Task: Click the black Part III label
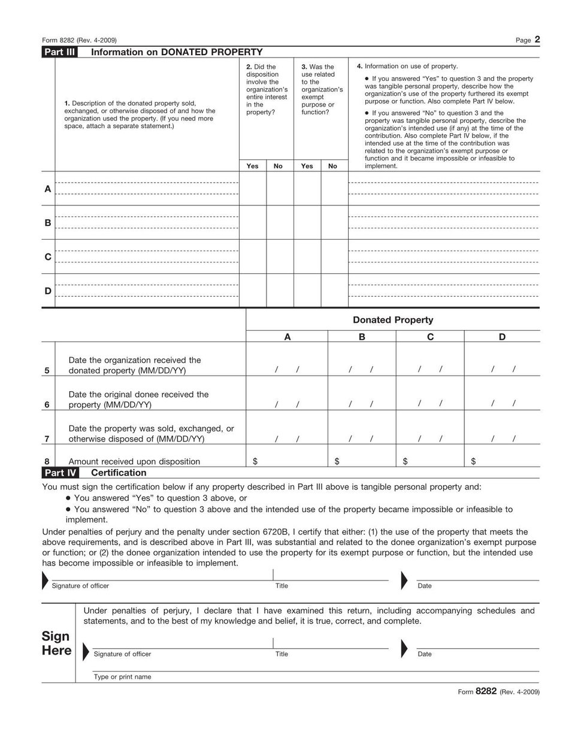tap(59, 52)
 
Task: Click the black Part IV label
tap(59, 473)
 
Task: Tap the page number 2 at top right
tap(537, 40)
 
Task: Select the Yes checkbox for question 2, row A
tap(253, 189)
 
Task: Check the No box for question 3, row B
tap(334, 223)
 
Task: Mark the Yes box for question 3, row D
tap(307, 291)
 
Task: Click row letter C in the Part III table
tap(48, 257)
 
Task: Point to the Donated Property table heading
tap(392, 320)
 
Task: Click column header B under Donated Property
tap(362, 337)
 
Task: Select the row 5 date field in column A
tap(287, 370)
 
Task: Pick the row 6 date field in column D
tap(503, 404)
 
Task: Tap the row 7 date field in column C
tap(430, 438)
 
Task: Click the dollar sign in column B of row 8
tap(337, 461)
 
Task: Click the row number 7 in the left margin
tap(47, 438)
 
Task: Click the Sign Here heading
tap(56, 643)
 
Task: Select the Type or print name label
tap(122, 677)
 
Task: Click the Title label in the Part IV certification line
tap(282, 586)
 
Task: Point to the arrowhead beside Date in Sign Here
tap(404, 649)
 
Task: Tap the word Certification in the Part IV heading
tap(119, 473)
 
